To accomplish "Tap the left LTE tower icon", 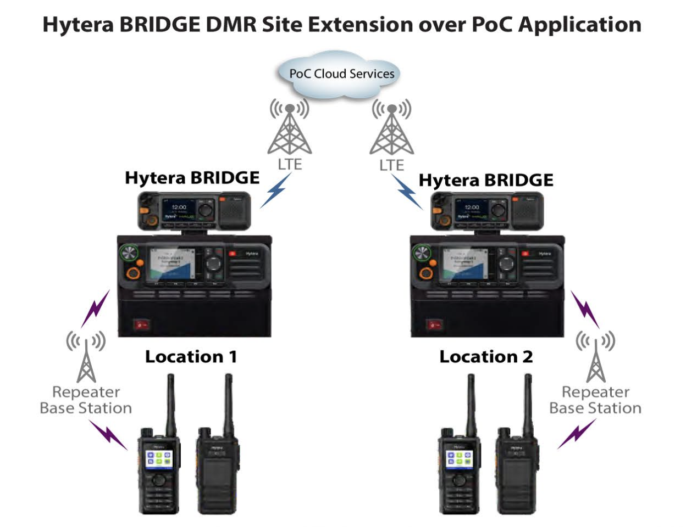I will pyautogui.click(x=289, y=129).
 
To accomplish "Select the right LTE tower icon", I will pyautogui.click(x=391, y=129).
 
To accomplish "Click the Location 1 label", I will pyautogui.click(x=191, y=357).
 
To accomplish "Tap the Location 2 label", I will pyautogui.click(x=486, y=357).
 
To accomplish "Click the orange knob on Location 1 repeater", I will pyautogui.click(x=132, y=273).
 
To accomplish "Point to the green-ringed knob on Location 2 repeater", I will pyautogui.click(x=423, y=253).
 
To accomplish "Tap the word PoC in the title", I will pyautogui.click(x=490, y=25).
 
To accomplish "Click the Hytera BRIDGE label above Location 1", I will pyautogui.click(x=192, y=178).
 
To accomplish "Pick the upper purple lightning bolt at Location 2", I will pyautogui.click(x=584, y=309).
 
